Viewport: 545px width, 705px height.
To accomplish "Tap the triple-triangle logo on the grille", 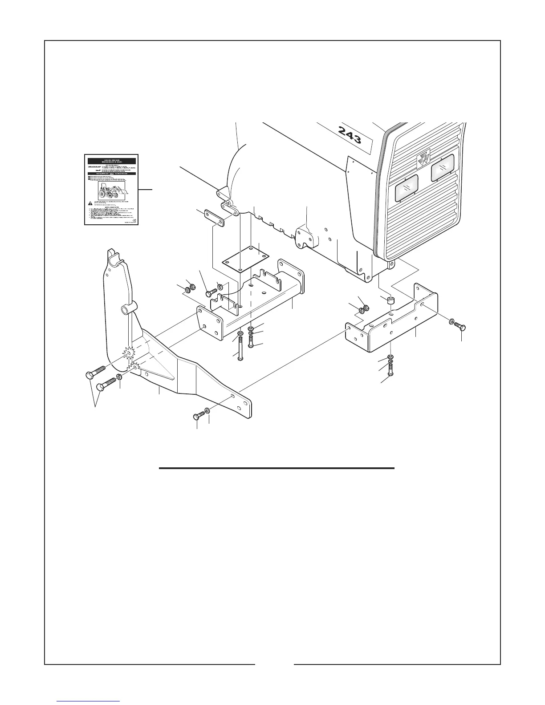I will [x=421, y=161].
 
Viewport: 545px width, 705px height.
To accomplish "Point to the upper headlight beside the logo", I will [x=442, y=168].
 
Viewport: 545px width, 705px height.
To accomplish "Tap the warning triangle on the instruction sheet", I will [x=91, y=203].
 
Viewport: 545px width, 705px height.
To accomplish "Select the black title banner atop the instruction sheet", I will [x=111, y=162].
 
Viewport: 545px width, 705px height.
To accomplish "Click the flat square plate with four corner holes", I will [x=244, y=258].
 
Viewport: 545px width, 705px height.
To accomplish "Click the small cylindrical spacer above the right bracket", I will [x=391, y=302].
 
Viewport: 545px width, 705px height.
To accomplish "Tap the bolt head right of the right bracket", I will [x=460, y=328].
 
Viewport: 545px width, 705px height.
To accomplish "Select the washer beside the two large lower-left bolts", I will [x=120, y=378].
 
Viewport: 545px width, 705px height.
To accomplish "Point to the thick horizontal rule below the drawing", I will [x=277, y=468].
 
